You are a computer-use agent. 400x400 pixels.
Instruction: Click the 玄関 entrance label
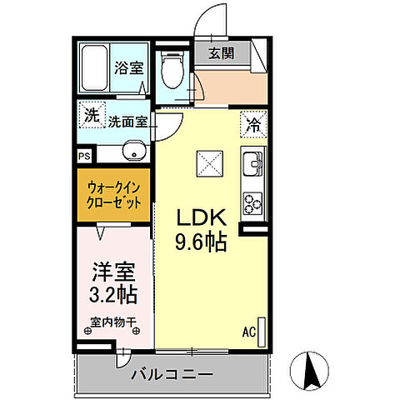221,54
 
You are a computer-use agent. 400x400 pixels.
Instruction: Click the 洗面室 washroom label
128,122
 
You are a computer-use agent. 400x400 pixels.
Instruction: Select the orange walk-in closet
113,196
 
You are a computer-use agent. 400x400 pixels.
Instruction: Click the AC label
247,332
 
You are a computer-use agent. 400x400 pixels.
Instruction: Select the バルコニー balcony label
172,373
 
